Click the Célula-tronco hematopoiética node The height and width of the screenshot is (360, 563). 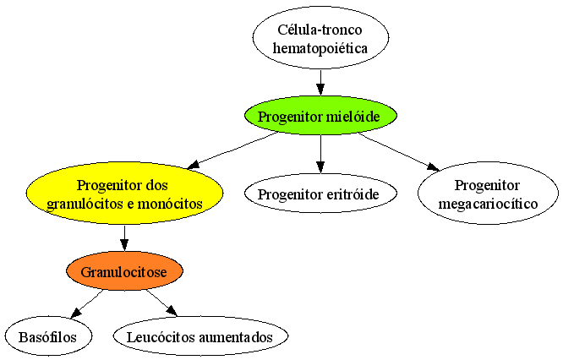pyautogui.click(x=320, y=37)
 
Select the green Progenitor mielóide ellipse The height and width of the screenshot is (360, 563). pyautogui.click(x=320, y=116)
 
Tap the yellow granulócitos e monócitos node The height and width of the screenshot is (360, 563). pyautogui.click(x=124, y=194)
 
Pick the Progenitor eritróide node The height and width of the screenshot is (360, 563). pyautogui.click(x=320, y=194)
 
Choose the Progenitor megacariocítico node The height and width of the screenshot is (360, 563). pyautogui.click(x=488, y=194)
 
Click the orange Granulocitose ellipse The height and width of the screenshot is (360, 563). pyautogui.click(x=124, y=271)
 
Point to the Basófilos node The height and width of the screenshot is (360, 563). pyautogui.click(x=48, y=336)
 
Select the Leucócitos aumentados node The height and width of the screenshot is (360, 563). pyautogui.click(x=200, y=336)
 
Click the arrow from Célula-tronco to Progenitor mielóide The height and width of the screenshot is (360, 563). pyautogui.click(x=320, y=83)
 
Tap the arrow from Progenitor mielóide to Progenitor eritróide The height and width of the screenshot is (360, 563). pyautogui.click(x=320, y=155)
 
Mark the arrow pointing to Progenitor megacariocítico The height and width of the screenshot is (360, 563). pyautogui.click(x=398, y=151)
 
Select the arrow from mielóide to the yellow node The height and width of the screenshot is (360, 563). pyautogui.click(x=232, y=150)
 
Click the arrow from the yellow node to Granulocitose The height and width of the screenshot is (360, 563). pyautogui.click(x=124, y=238)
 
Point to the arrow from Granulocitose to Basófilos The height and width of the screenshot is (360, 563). pyautogui.click(x=87, y=303)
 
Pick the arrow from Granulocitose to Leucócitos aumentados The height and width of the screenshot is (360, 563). pyautogui.click(x=161, y=303)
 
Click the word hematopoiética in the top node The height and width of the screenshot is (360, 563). pyautogui.click(x=320, y=47)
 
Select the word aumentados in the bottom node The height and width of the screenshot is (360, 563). pyautogui.click(x=236, y=337)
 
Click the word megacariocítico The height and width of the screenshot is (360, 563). pyautogui.click(x=488, y=204)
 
